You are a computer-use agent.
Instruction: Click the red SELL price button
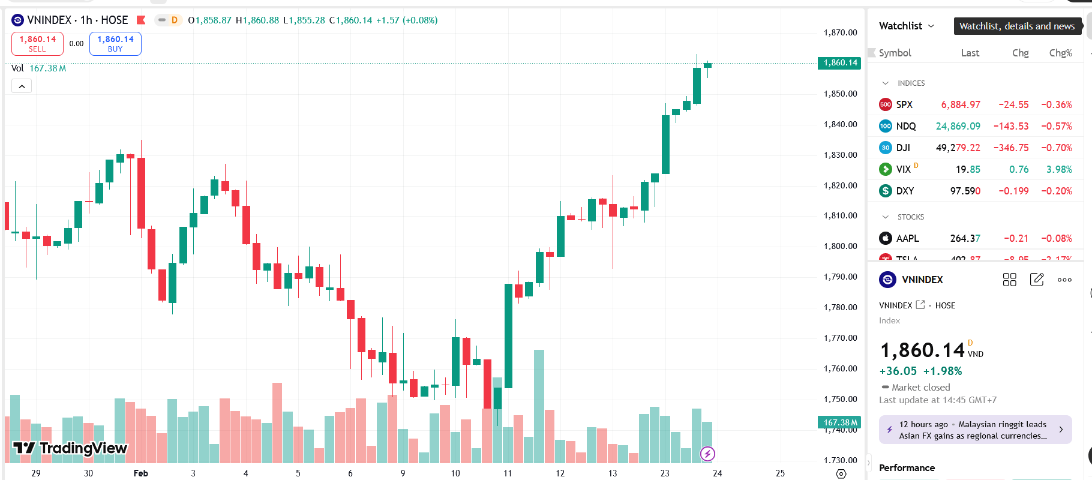[x=37, y=43]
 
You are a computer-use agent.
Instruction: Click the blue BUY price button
[x=115, y=43]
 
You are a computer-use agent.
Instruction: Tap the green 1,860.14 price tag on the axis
[x=839, y=62]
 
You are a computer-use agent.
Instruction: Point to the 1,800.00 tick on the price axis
[x=840, y=246]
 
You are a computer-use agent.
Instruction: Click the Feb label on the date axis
[x=140, y=473]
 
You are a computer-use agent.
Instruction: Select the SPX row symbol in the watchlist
[x=904, y=104]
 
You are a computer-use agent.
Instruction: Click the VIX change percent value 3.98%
[x=1058, y=169]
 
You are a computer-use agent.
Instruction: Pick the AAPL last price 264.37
[x=965, y=238]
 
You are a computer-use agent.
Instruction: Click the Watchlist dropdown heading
[x=906, y=26]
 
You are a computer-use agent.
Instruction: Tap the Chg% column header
[x=1060, y=53]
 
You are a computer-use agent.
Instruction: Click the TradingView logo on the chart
[x=70, y=448]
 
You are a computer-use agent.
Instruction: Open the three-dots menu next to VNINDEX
[x=1064, y=280]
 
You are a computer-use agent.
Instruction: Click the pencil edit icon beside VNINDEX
[x=1036, y=280]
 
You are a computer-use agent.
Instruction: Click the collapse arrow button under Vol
[x=22, y=86]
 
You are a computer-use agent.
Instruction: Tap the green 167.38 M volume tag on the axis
[x=839, y=422]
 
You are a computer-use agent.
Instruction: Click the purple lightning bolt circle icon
[x=707, y=454]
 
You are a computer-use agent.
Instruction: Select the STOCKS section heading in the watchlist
[x=910, y=217]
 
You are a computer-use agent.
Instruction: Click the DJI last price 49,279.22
[x=958, y=148]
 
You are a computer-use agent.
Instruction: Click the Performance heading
[x=907, y=467]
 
